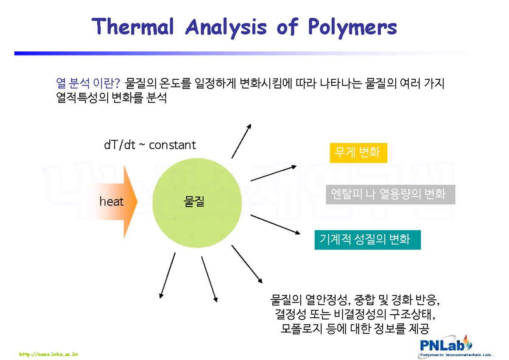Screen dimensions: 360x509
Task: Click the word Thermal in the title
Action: tap(134, 28)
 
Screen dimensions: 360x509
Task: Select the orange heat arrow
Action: tap(115, 201)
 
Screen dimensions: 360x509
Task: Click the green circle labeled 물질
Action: tap(194, 202)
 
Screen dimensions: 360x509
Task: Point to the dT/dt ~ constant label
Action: tap(150, 145)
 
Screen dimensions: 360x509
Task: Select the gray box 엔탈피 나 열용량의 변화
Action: tap(390, 194)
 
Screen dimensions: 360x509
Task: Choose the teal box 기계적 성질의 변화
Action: tap(367, 240)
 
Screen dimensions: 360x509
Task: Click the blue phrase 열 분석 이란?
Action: tap(88, 83)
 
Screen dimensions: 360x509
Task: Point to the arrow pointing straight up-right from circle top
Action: tap(241, 141)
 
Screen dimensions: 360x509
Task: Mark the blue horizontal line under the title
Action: tap(242, 53)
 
